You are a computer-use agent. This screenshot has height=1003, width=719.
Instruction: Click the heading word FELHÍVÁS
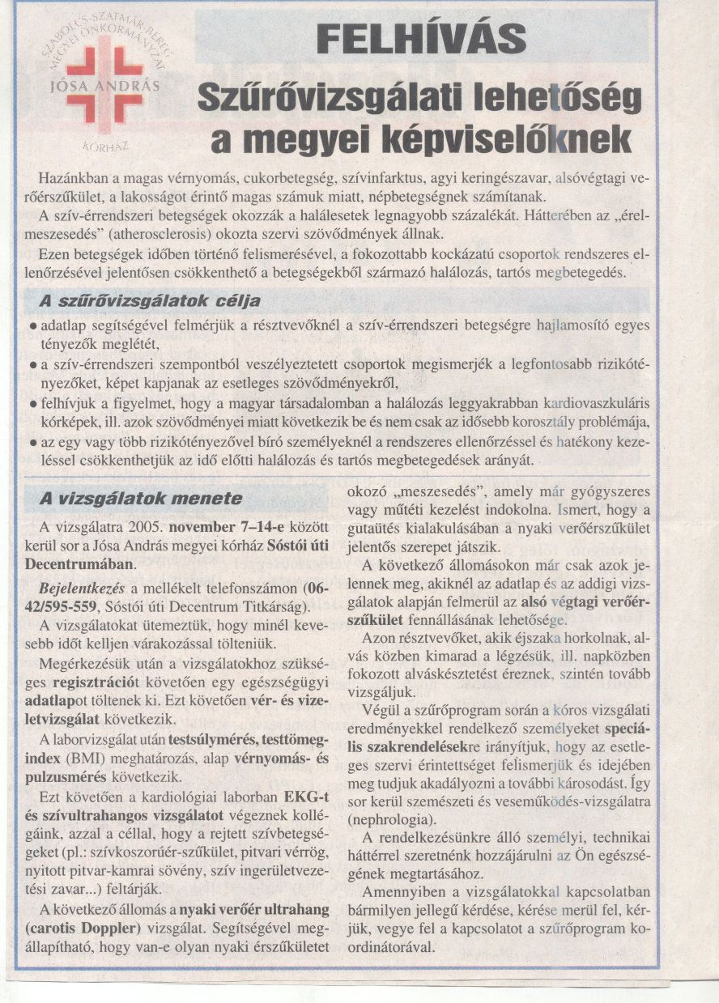(422, 38)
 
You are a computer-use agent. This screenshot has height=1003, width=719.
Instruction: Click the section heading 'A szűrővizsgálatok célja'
(151, 302)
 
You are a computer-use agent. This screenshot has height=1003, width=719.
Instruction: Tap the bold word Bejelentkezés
(79, 587)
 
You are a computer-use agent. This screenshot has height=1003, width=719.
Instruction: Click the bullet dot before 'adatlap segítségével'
(29, 325)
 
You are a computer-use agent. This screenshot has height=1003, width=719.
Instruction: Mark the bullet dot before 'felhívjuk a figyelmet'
(29, 403)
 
